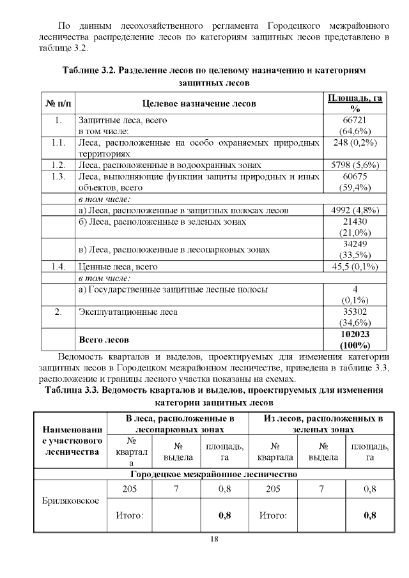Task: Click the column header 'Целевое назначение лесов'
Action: tap(198, 103)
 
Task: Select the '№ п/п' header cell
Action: tap(58, 103)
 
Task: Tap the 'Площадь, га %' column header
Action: tap(355, 103)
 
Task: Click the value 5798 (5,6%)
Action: tap(355, 165)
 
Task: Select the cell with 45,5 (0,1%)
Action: tap(355, 266)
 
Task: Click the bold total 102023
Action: tap(355, 334)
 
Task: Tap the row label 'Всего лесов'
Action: tap(103, 339)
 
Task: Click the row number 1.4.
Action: tap(58, 266)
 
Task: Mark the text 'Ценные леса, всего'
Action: tap(118, 266)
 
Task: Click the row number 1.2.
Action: tap(58, 165)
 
